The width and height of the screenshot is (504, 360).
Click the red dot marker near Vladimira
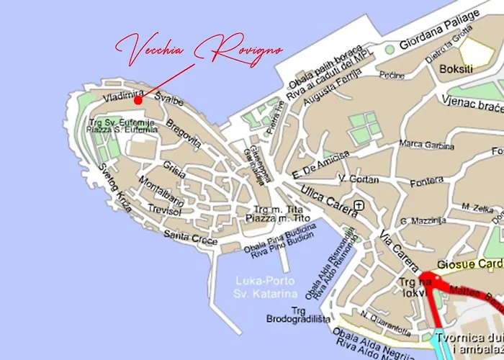point(138,101)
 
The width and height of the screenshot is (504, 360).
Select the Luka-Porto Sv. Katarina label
point(258,288)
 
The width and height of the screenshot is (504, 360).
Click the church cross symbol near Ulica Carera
point(359,204)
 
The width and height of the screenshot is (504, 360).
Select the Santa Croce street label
point(190,238)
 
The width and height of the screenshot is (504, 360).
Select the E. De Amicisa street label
point(320,164)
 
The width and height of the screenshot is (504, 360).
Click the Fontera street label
point(427,183)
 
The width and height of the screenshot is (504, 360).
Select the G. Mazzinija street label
point(425,220)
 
